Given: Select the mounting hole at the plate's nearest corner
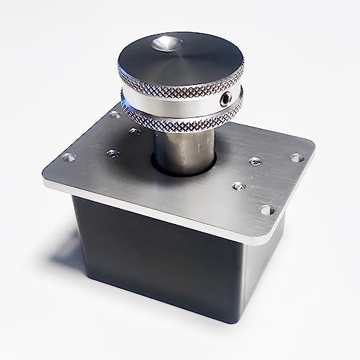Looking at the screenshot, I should tap(266, 211).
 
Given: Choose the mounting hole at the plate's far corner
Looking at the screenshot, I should tap(115, 114).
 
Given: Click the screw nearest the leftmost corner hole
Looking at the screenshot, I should tap(111, 153).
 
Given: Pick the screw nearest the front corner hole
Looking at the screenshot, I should tap(237, 186).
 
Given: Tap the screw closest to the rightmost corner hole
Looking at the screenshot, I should tap(253, 163).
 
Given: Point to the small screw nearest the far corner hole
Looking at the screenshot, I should tap(135, 132).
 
